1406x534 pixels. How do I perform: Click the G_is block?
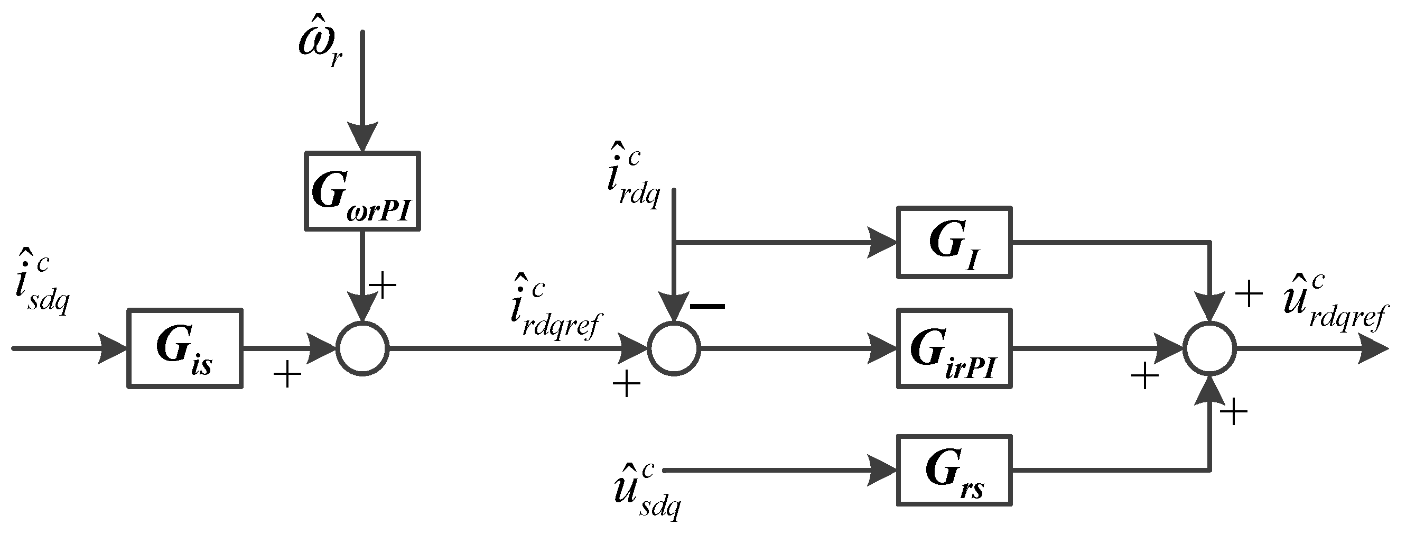(x=184, y=348)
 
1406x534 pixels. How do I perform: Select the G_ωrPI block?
(x=362, y=190)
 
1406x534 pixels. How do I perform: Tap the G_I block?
(x=954, y=242)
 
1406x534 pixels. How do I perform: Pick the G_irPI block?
(x=954, y=348)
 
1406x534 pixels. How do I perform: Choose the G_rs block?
(x=954, y=470)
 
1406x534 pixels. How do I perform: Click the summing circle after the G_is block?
(x=362, y=348)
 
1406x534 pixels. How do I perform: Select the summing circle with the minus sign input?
(x=674, y=348)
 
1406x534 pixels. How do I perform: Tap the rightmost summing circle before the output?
(x=1209, y=348)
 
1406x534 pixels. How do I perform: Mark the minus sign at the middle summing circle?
(x=708, y=306)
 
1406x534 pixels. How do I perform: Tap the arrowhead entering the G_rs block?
(x=881, y=470)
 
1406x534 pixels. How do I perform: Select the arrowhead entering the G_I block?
(x=881, y=242)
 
